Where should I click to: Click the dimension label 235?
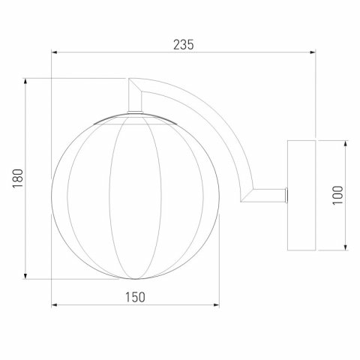tap(184, 45)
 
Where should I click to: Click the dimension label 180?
tap(18, 178)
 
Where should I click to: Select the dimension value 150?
tap(135, 298)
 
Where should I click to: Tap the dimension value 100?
tap(337, 195)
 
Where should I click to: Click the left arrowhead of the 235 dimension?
tap(55, 52)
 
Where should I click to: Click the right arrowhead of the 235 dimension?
tap(312, 52)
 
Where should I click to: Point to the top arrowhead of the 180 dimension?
tap(25, 82)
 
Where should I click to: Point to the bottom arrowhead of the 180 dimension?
tap(25, 276)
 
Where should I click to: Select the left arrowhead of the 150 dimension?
tap(55, 305)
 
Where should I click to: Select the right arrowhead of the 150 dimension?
tap(216, 305)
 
